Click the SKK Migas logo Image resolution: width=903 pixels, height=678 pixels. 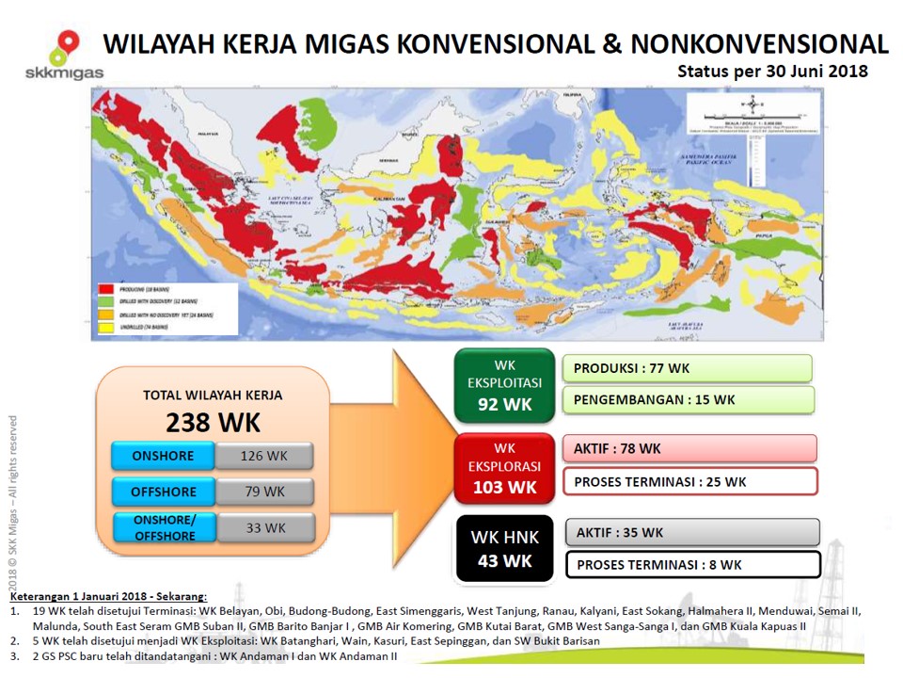(x=64, y=56)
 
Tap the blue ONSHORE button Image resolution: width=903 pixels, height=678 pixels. (x=163, y=456)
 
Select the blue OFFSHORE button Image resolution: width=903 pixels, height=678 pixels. (x=164, y=492)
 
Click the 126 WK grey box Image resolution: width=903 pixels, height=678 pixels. (x=264, y=456)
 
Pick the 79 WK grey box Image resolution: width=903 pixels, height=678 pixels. (x=264, y=492)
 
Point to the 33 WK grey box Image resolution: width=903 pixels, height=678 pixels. (x=264, y=528)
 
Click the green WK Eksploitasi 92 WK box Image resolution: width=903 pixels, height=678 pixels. (x=504, y=385)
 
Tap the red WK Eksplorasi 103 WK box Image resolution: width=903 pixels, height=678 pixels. (x=504, y=468)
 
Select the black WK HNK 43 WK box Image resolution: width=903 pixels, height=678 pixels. (x=504, y=549)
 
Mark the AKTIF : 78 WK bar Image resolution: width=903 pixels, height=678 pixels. (x=689, y=448)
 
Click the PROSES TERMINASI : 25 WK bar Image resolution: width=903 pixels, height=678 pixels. (x=689, y=481)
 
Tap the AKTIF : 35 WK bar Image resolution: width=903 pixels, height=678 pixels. (x=692, y=532)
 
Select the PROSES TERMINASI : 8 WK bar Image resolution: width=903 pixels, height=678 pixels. (x=692, y=564)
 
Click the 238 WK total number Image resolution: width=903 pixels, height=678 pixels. (x=213, y=421)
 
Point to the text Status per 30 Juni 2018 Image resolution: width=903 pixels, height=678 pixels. (x=772, y=71)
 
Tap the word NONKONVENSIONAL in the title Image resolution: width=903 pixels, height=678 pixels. (x=760, y=43)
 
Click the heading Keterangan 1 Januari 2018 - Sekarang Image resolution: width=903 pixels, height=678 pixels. (x=108, y=596)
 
